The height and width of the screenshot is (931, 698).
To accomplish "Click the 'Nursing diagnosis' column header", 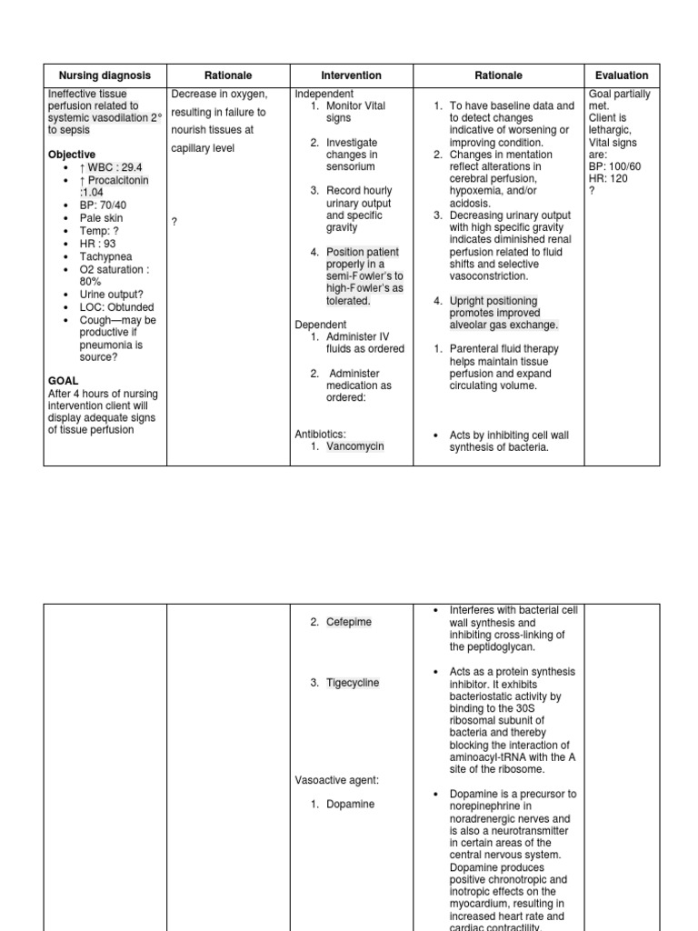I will [x=105, y=75].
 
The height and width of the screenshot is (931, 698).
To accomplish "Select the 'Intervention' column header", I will [x=351, y=75].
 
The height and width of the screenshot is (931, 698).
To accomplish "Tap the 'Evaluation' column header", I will [x=622, y=75].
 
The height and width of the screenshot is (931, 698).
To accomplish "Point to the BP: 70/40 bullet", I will [x=104, y=205].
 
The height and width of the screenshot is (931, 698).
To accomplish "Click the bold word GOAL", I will [x=63, y=380].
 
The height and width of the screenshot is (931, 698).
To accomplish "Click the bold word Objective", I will [x=71, y=155].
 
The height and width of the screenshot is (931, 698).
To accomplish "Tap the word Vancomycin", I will [x=355, y=446].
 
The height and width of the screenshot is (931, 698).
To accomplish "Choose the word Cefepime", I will [x=349, y=622].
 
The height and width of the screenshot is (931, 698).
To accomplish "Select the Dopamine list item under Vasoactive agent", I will [x=350, y=805].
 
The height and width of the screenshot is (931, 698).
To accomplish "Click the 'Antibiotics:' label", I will [x=321, y=434].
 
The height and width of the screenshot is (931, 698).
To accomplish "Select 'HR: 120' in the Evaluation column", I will [x=609, y=178].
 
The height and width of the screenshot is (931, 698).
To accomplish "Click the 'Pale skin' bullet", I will [x=101, y=218].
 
